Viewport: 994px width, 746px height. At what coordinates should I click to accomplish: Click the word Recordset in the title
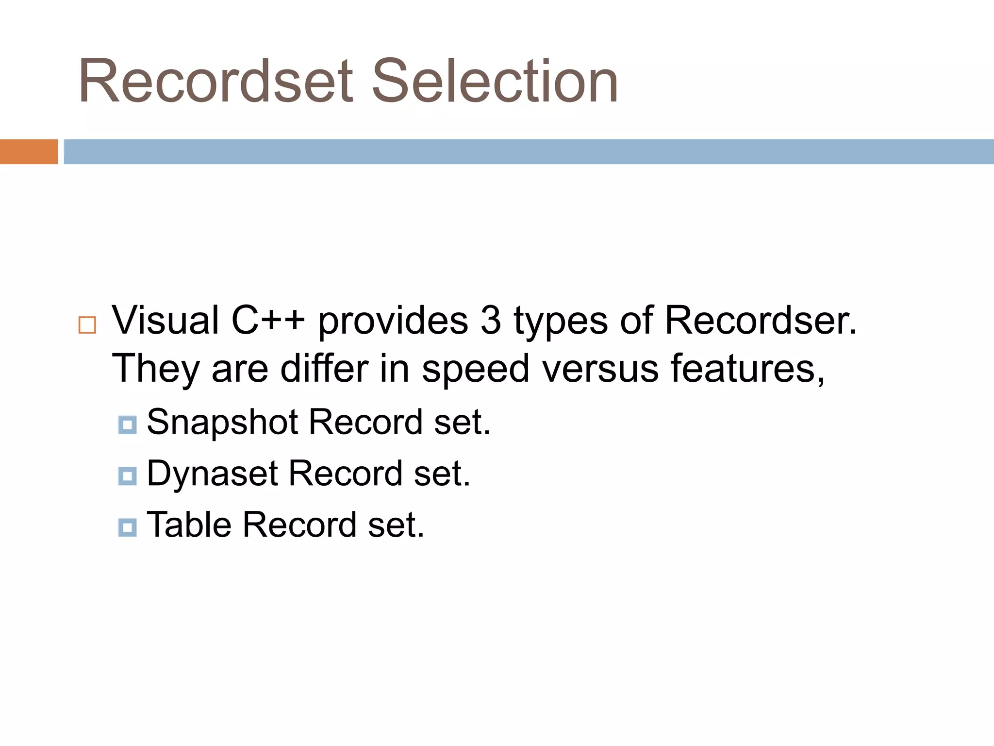[x=216, y=81]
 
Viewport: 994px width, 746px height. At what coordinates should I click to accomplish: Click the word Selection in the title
[x=495, y=81]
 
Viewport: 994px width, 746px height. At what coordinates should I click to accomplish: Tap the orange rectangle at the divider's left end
[x=29, y=152]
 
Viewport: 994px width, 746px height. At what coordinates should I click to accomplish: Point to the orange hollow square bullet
[x=87, y=325]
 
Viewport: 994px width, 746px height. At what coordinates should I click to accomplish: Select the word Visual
[x=166, y=321]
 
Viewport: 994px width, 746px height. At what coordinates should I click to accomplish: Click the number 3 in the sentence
[x=491, y=321]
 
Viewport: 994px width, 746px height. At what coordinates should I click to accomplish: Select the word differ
[x=324, y=368]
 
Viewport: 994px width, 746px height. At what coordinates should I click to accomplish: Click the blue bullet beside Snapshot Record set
[x=127, y=425]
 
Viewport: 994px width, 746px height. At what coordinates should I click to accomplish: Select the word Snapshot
[x=222, y=422]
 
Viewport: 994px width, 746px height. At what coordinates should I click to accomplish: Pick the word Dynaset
[x=213, y=474]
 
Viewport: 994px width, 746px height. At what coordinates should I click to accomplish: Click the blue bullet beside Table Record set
[x=127, y=527]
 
